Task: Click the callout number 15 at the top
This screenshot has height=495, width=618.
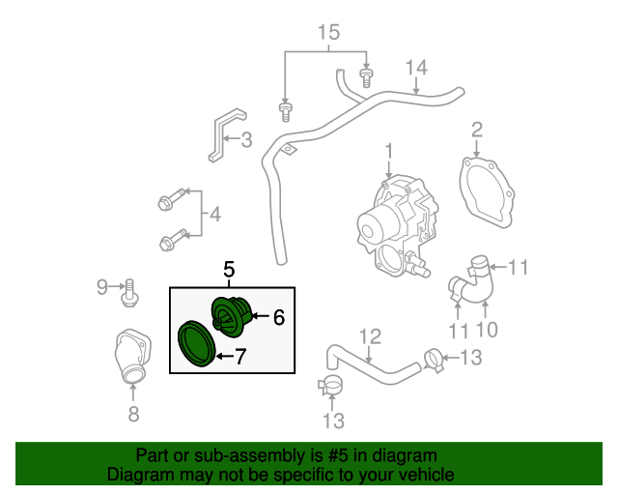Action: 329,33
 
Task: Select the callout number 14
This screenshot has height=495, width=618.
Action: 415,68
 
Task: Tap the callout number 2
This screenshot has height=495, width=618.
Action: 477,130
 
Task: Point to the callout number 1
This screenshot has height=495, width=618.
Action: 389,151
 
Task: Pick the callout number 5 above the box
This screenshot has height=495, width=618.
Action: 230,270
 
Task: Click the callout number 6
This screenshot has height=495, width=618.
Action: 278,316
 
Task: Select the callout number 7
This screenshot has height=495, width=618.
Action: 240,357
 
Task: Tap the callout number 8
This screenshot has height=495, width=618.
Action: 133,415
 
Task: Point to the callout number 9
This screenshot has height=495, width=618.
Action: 102,286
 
